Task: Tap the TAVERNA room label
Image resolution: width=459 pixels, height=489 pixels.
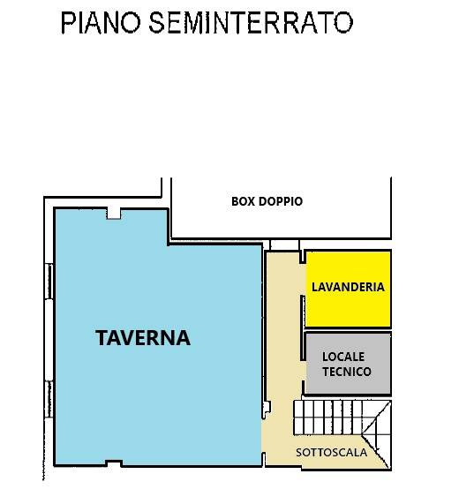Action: click(x=143, y=337)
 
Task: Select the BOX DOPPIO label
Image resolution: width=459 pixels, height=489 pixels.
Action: click(x=267, y=201)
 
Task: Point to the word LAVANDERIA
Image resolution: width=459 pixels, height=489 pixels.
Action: click(x=348, y=287)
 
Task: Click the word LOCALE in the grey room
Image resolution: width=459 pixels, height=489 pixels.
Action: click(x=347, y=357)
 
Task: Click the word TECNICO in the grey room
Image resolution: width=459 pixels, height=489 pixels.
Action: click(x=347, y=372)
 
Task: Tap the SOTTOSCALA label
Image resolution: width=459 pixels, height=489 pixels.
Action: click(x=331, y=453)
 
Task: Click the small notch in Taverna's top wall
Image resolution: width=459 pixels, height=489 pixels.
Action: click(x=113, y=212)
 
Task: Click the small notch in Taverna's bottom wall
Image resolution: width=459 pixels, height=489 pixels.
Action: click(x=113, y=463)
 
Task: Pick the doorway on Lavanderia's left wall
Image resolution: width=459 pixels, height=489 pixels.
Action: click(x=303, y=260)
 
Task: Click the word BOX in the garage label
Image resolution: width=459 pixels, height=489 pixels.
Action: click(x=242, y=201)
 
